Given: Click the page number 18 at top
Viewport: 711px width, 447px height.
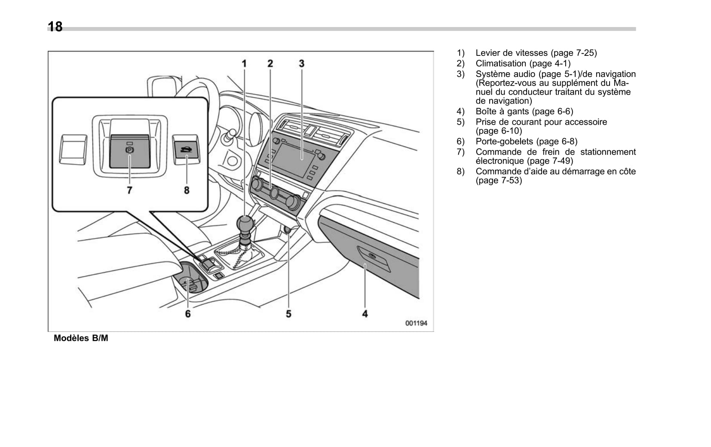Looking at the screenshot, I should [x=55, y=27].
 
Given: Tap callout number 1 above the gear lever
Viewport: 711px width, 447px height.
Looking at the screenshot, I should [x=244, y=64].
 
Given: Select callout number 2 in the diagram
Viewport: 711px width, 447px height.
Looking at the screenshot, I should [x=270, y=64].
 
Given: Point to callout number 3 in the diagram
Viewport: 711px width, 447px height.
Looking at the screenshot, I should [x=302, y=64].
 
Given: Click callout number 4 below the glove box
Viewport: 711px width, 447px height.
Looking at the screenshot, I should [x=365, y=314].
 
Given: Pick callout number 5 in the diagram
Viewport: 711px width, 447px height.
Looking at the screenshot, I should [x=288, y=314].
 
